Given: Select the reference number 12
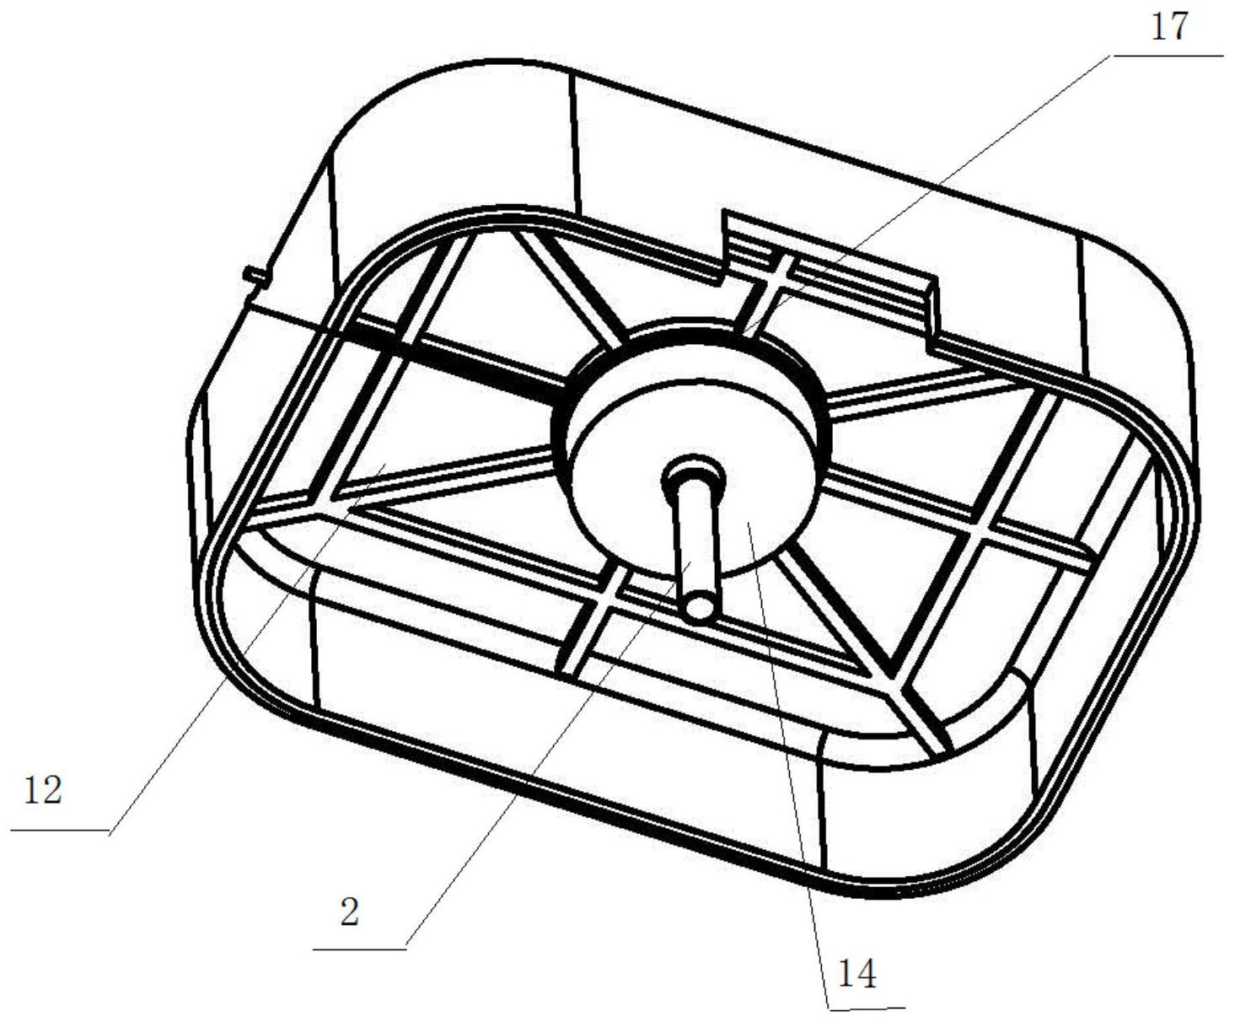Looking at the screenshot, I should [43, 791].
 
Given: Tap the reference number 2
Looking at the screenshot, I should [350, 911].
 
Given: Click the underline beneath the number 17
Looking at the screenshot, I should [1168, 56].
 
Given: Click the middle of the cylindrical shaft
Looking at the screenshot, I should [695, 540].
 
